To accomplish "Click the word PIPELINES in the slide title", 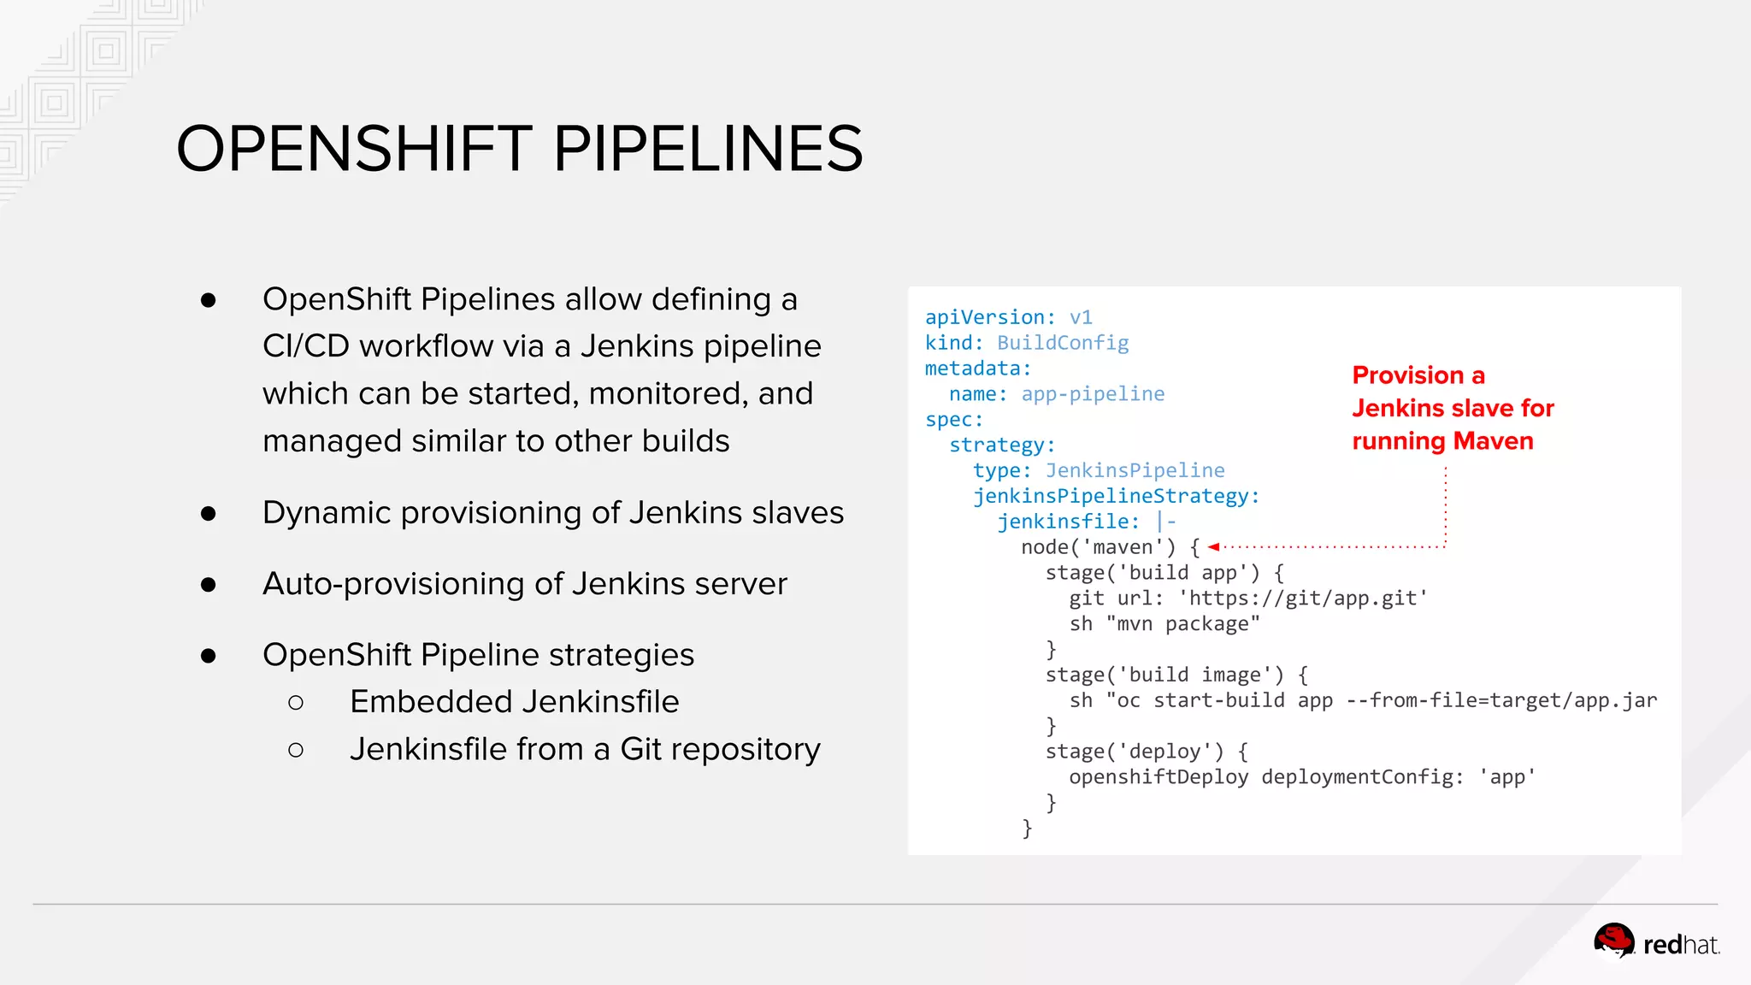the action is click(708, 149).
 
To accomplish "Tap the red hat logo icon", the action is click(1613, 942).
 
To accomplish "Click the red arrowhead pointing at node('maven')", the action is click(1213, 547).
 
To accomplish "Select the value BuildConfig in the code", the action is click(1063, 343).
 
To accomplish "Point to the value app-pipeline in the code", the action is click(1093, 394).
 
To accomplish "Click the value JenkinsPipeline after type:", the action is click(1135, 470).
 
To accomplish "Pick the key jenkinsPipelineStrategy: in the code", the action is click(1116, 496).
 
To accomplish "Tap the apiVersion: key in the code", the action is click(990, 317).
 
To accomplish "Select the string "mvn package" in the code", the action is click(1183, 624).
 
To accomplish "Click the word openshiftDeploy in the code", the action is click(1158, 777).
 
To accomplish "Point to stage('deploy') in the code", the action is click(1135, 752).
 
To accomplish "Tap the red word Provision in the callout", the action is click(1408, 375).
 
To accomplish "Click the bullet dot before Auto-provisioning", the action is click(209, 585).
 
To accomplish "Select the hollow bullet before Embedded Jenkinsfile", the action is click(296, 703).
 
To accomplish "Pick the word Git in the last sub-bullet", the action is click(640, 749).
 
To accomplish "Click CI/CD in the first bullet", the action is click(305, 346).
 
